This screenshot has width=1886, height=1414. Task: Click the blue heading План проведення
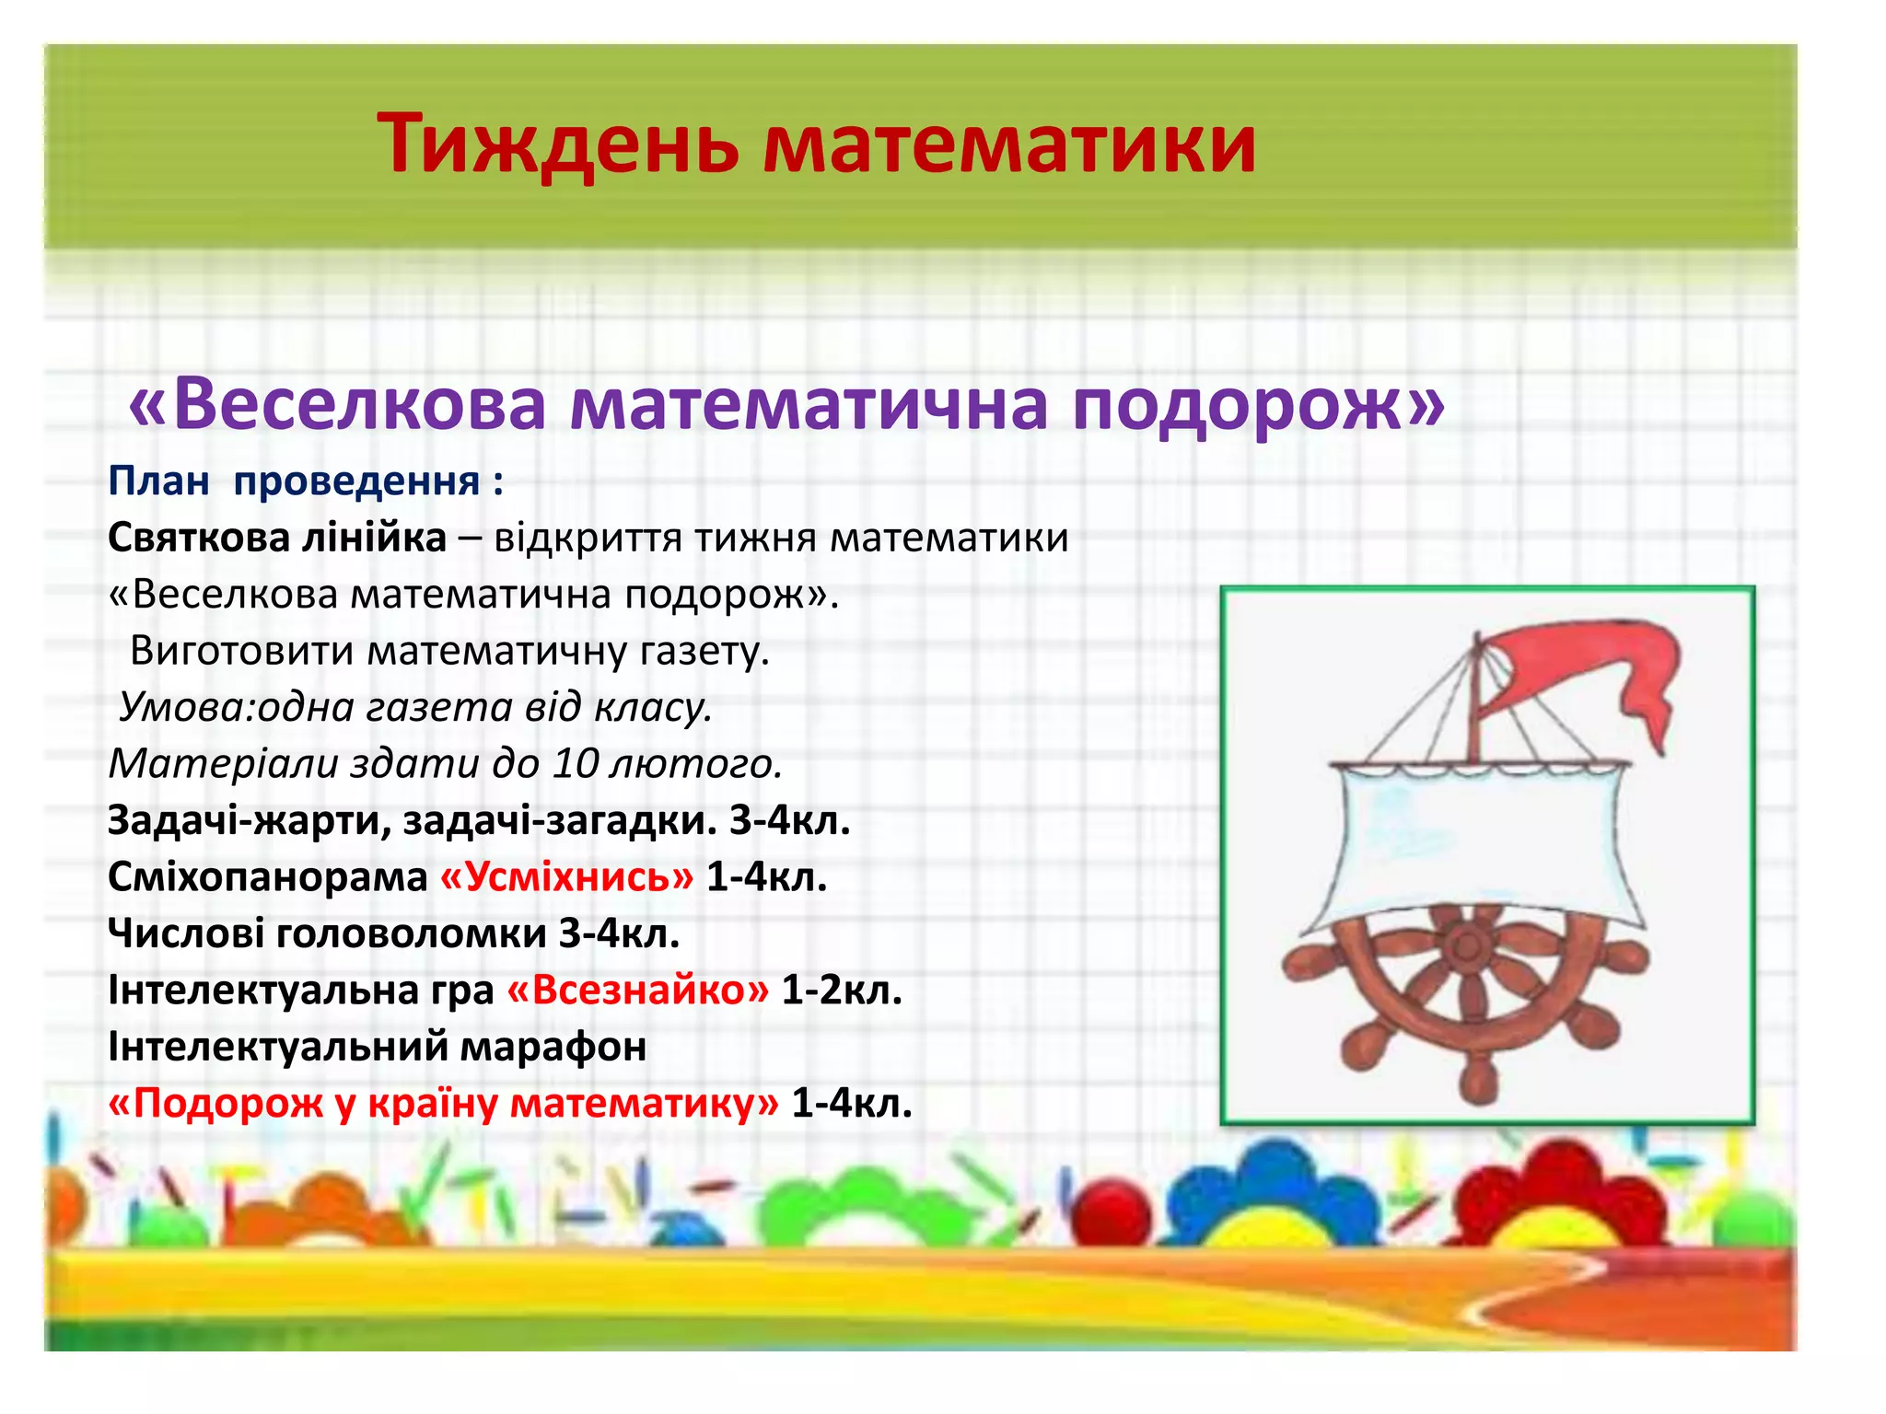point(306,481)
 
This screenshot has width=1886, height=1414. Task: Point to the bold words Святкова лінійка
point(276,538)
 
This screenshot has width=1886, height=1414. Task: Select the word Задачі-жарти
point(249,820)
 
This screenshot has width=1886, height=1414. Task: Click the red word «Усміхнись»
point(566,876)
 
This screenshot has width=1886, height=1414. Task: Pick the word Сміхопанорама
point(267,876)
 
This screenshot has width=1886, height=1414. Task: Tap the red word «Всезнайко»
point(637,990)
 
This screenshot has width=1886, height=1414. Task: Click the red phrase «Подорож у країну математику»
point(443,1103)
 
